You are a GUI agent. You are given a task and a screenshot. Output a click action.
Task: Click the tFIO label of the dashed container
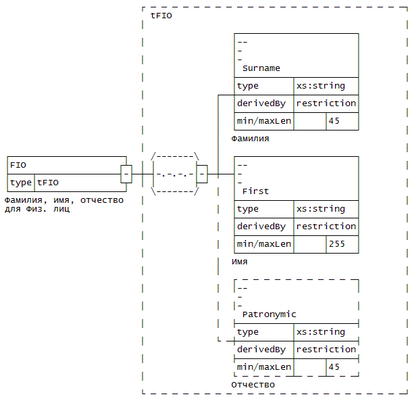pyautogui.click(x=161, y=16)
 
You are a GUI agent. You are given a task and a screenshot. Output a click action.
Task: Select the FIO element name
pyautogui.click(x=18, y=165)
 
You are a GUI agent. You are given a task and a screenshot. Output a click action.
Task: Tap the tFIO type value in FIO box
pyautogui.click(x=48, y=183)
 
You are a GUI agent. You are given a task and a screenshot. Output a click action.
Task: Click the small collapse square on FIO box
pyautogui.click(x=126, y=174)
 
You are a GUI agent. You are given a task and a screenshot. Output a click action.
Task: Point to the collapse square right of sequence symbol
pyautogui.click(x=202, y=174)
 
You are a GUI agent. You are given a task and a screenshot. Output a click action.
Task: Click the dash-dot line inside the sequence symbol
pyautogui.click(x=175, y=174)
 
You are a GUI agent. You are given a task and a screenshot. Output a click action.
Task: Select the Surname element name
pyautogui.click(x=261, y=68)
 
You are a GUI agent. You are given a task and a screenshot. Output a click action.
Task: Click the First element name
pyautogui.click(x=256, y=191)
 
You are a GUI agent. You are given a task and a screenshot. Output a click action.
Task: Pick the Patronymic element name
pyautogui.click(x=269, y=314)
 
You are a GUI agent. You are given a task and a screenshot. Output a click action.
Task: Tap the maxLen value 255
pyautogui.click(x=337, y=244)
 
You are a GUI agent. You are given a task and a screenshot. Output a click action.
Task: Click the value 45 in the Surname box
pyautogui.click(x=334, y=121)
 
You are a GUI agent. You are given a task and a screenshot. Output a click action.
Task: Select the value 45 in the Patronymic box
pyautogui.click(x=334, y=367)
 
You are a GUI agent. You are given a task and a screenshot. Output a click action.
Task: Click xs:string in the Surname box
pyautogui.click(x=321, y=86)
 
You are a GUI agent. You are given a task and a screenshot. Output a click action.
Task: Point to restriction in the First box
pyautogui.click(x=326, y=227)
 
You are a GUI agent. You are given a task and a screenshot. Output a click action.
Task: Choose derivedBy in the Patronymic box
pyautogui.click(x=261, y=350)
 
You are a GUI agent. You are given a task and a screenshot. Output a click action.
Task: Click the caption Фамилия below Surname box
pyautogui.click(x=250, y=139)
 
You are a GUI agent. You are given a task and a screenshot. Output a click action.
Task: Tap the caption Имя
pyautogui.click(x=240, y=262)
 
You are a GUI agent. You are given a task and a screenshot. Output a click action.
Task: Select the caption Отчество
pyautogui.click(x=253, y=385)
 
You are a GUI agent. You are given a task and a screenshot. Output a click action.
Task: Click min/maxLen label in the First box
pyautogui.click(x=264, y=244)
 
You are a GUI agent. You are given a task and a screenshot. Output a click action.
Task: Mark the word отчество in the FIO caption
pyautogui.click(x=102, y=200)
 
